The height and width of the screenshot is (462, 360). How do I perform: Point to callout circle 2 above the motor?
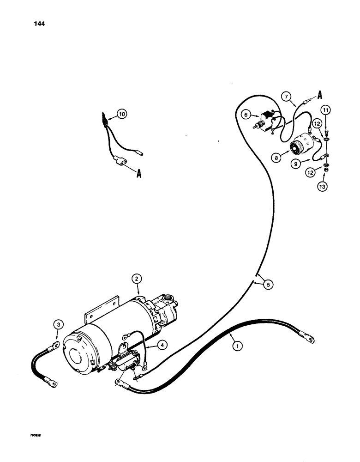pos(137,279)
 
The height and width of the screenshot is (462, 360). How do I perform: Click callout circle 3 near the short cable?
pos(58,325)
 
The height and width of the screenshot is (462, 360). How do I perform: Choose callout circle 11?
pos(326,110)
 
